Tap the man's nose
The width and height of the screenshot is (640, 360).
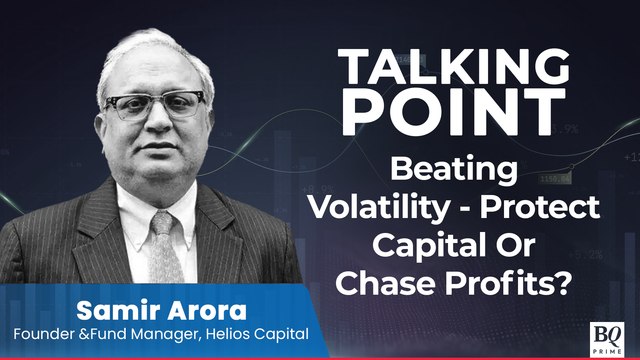tap(155, 125)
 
